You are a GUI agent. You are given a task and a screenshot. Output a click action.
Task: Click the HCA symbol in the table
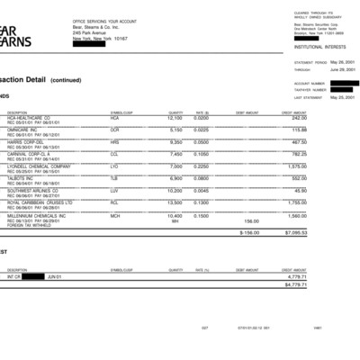tap(114, 118)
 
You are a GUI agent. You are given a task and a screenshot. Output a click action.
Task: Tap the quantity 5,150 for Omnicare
tap(175, 130)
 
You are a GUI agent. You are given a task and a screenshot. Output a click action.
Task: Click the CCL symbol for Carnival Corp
tap(114, 154)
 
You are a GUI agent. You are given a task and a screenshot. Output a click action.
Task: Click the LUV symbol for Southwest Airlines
tap(114, 191)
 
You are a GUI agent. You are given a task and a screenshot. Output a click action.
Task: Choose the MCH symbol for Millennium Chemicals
tap(114, 215)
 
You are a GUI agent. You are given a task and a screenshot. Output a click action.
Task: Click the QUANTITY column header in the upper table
tap(175, 112)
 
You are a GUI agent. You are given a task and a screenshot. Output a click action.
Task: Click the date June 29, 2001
tap(344, 68)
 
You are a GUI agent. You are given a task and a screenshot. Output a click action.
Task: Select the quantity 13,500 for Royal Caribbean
tap(175, 202)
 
